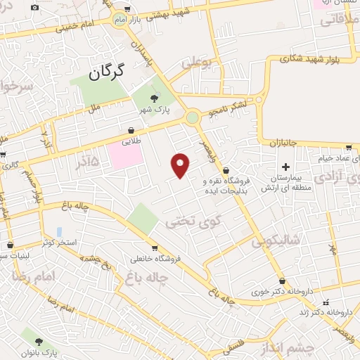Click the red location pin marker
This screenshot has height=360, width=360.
click(x=181, y=165)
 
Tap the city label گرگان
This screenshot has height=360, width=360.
click(x=108, y=71)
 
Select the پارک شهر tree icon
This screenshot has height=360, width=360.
click(x=156, y=99)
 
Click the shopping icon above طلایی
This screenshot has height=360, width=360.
click(x=131, y=131)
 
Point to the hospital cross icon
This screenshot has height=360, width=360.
click(x=285, y=167)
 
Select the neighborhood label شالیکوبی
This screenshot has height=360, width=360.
click(x=274, y=241)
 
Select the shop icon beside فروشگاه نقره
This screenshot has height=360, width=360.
click(x=225, y=171)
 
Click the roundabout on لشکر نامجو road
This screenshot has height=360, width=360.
click(x=193, y=117)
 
